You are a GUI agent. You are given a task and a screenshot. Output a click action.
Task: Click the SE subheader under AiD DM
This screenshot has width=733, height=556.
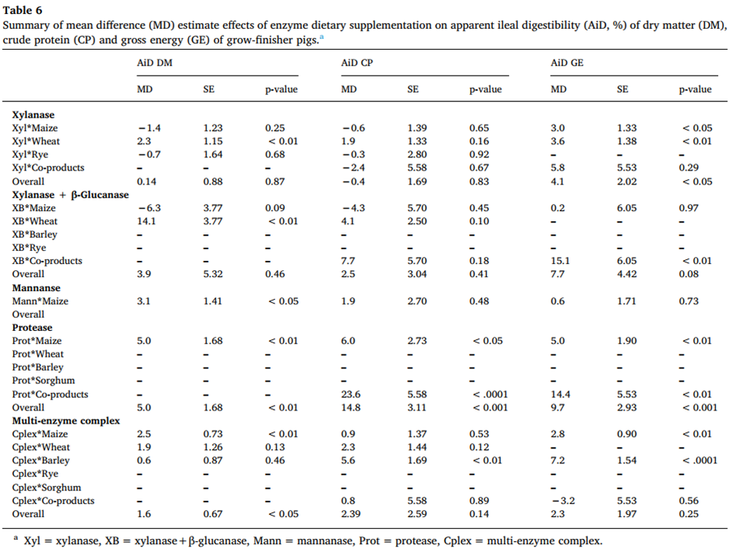click(209, 90)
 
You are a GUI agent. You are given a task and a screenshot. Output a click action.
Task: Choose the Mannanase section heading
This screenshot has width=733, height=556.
click(35, 287)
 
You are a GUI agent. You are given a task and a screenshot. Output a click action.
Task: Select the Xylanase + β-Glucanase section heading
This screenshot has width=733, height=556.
click(70, 194)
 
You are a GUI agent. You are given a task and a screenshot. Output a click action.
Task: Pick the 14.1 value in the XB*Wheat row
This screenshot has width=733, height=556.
click(146, 220)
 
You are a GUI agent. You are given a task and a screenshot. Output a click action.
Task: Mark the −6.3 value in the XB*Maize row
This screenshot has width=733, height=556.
click(147, 207)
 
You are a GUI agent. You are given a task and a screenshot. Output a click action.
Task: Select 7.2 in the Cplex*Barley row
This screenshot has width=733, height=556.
click(558, 461)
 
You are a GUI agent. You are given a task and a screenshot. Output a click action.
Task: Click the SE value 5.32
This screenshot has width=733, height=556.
click(212, 274)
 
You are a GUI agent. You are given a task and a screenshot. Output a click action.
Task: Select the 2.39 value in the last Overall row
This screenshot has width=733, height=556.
click(352, 514)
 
